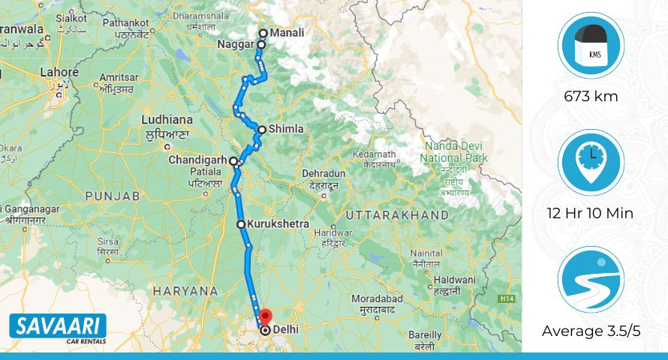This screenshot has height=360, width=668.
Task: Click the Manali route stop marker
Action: pos(263,33)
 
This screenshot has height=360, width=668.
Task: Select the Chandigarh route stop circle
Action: pos(233,160)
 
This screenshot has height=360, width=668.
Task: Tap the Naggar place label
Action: pos(236,45)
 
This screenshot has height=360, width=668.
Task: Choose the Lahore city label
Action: pos(59,73)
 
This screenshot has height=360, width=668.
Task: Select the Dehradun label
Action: pos(323,173)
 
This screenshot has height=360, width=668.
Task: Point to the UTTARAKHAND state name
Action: pos(396,215)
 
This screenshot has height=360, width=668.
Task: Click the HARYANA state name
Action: pos(185,289)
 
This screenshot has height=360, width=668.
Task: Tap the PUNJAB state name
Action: pos(113,195)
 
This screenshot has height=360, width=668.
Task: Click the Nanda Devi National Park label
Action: pos(453,151)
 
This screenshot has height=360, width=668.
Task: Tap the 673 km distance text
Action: pos(591,96)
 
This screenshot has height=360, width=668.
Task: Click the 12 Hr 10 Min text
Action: pos(591,213)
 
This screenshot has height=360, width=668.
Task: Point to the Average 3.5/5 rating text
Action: pos(591,331)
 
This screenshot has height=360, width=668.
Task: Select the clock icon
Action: pos(591,162)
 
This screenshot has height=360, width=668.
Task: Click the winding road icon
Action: pos(591,280)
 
